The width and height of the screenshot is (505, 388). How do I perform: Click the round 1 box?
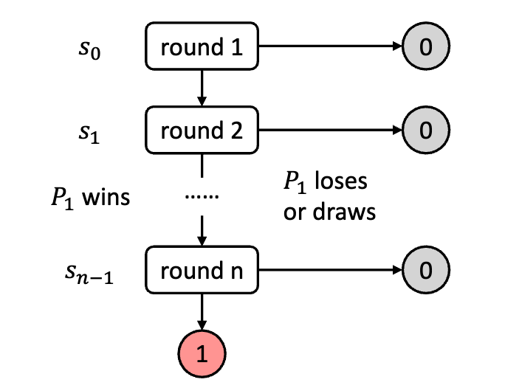pyautogui.click(x=202, y=48)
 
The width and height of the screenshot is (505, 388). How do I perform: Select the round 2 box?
pyautogui.click(x=202, y=131)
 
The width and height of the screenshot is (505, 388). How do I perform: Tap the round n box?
pyautogui.click(x=202, y=271)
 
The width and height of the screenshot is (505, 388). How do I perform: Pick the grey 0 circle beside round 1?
pyautogui.click(x=425, y=48)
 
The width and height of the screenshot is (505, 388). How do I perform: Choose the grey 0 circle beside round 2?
pyautogui.click(x=425, y=131)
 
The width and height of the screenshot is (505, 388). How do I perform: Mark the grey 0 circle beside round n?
pyautogui.click(x=425, y=271)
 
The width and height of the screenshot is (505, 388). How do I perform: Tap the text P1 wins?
pyautogui.click(x=87, y=198)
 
